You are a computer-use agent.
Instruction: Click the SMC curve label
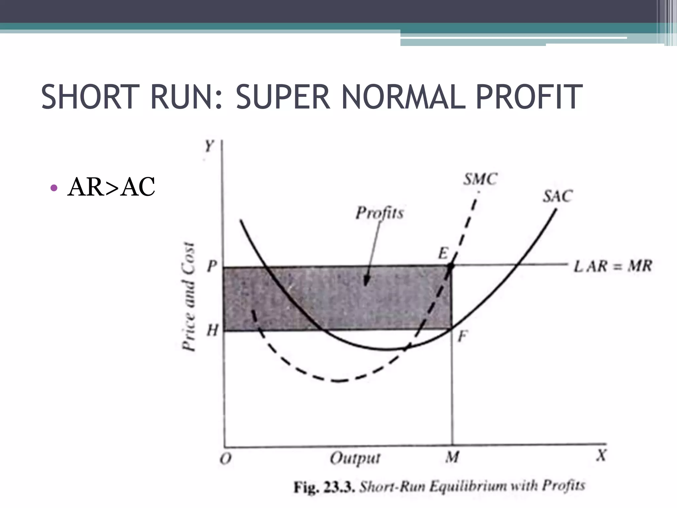click(480, 180)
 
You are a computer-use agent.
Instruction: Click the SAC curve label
click(558, 196)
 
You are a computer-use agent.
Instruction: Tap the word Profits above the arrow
click(379, 212)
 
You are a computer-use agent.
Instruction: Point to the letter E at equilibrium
click(443, 254)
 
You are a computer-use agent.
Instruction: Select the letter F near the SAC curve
click(462, 337)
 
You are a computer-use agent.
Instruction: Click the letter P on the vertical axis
click(212, 266)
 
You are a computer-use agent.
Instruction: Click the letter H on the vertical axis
click(212, 330)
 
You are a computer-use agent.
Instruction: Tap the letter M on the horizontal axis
click(452, 457)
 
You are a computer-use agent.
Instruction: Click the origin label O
click(225, 459)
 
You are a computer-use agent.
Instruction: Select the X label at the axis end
click(601, 456)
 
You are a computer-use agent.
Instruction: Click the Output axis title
click(355, 458)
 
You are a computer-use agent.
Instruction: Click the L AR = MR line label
click(613, 266)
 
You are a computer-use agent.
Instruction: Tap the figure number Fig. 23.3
click(324, 487)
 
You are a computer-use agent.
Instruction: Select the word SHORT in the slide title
click(88, 97)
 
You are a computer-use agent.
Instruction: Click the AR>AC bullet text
click(111, 187)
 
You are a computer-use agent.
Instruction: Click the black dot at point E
click(451, 265)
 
